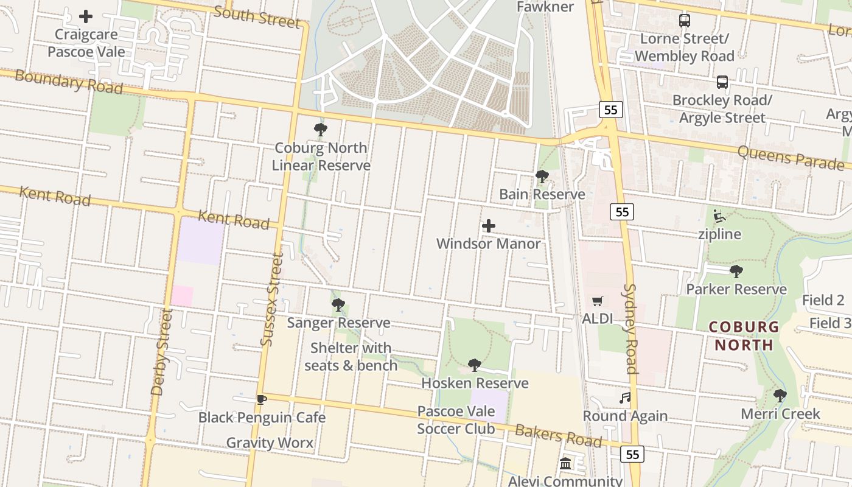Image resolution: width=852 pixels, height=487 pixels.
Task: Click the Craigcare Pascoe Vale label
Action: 86,43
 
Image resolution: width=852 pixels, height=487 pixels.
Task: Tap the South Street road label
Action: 257,16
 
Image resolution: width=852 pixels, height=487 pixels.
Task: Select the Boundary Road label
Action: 68,82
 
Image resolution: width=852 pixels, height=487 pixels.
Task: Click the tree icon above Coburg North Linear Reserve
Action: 321,130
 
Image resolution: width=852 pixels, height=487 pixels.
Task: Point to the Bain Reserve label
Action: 542,194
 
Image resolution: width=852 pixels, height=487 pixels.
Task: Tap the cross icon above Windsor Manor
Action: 488,226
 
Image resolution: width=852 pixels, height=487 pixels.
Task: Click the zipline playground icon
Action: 719,216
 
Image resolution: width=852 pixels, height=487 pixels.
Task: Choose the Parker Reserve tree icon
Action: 736,271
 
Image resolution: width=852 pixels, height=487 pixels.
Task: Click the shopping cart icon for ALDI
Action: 597,301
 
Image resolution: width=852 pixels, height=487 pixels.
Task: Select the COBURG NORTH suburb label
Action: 744,335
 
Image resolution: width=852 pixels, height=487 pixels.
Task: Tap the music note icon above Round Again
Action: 625,398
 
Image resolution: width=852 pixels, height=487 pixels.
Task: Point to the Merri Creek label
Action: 780,414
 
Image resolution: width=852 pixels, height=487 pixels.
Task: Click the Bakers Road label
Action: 558,436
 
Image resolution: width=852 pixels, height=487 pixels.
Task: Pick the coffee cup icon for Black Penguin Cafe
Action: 261,399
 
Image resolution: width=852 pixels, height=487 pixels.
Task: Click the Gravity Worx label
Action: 270,443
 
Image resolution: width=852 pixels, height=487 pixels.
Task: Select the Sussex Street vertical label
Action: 272,300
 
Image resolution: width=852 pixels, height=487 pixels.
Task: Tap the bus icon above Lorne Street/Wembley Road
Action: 685,21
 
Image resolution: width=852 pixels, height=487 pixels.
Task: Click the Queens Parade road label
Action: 791,156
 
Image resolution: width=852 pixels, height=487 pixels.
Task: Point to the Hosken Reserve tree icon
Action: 475,365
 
